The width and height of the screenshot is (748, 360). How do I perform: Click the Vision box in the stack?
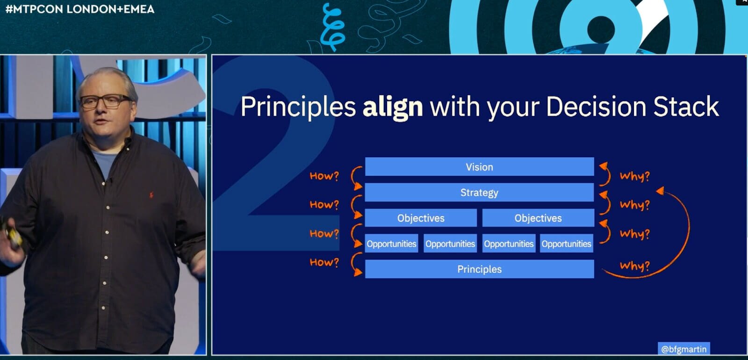[480, 166]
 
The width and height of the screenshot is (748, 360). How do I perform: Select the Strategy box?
[479, 192]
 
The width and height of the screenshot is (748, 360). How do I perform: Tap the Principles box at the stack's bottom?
[480, 269]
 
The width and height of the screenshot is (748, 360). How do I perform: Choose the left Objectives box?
[421, 218]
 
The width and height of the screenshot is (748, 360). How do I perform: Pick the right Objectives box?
[538, 218]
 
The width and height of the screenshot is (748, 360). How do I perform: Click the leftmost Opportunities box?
[391, 244]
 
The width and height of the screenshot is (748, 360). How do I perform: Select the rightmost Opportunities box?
[567, 244]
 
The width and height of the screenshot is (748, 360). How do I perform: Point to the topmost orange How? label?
[324, 176]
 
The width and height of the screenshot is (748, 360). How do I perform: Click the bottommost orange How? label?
[324, 262]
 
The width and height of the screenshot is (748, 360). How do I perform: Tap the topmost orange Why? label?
[635, 176]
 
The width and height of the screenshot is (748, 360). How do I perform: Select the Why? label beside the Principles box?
[635, 266]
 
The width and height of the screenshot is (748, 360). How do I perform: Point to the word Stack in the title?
[686, 107]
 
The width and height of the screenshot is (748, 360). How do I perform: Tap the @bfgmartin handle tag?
[684, 349]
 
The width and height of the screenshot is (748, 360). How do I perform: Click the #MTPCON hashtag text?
[35, 9]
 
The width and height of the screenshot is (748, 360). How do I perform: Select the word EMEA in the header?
[139, 9]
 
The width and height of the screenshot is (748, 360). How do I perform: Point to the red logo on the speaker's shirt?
[151, 194]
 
